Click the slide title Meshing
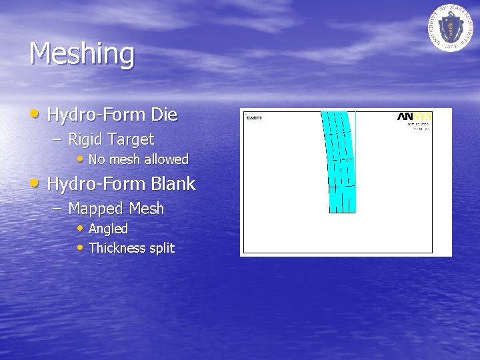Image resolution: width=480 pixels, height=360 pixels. click(81, 54)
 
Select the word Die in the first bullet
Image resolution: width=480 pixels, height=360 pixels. click(164, 115)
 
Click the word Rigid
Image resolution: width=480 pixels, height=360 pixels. click(85, 139)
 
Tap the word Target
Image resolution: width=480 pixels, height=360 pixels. click(131, 139)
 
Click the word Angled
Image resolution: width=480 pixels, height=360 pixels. click(108, 229)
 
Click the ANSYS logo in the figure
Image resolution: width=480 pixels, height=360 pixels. click(415, 117)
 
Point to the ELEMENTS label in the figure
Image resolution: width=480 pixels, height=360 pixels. click(254, 118)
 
